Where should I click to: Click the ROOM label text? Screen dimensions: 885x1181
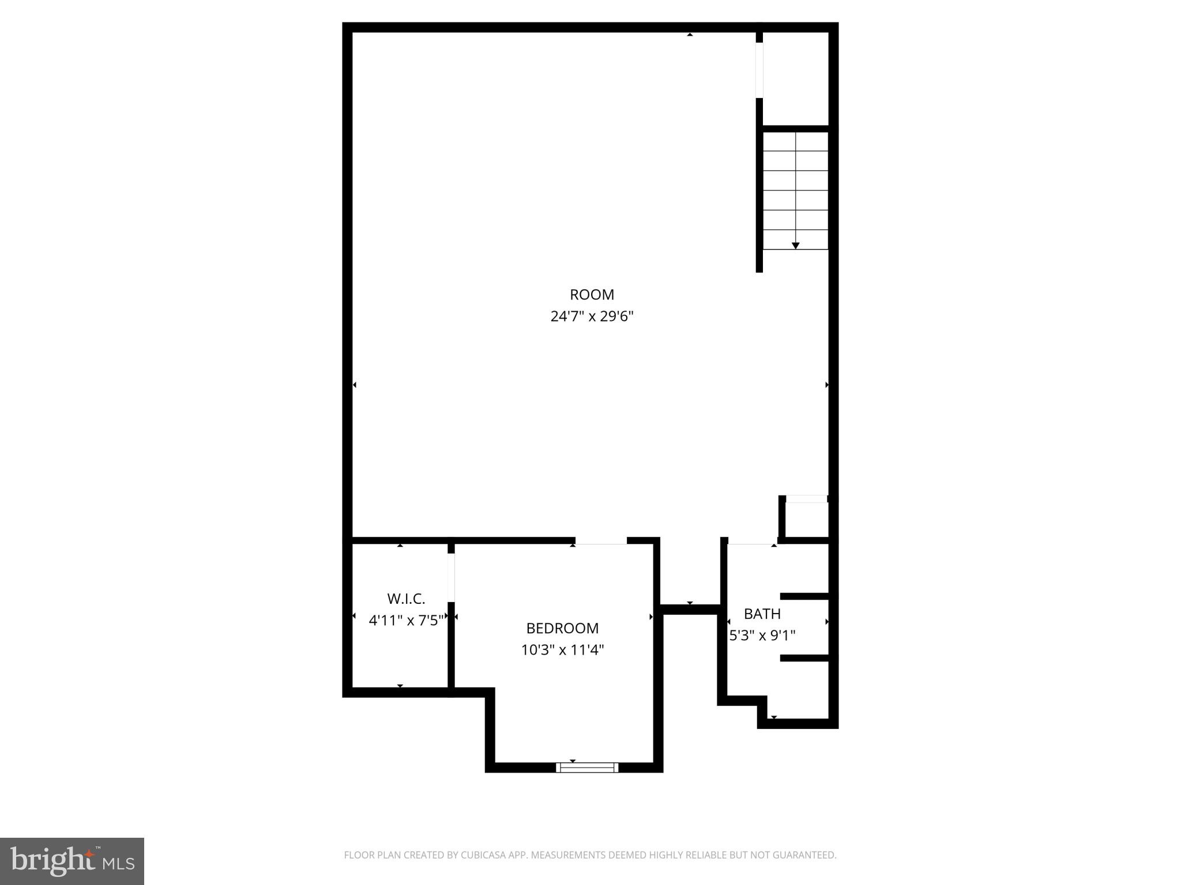(592, 294)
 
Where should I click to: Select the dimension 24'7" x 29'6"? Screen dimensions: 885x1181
(592, 316)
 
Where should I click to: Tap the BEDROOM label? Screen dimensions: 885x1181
(562, 628)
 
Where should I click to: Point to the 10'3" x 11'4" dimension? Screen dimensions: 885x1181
(562, 650)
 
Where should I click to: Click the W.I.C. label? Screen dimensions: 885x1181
(406, 599)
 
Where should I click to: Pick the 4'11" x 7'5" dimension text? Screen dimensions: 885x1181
(406, 620)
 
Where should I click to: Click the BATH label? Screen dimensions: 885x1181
(762, 614)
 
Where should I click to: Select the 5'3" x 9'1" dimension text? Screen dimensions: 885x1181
(762, 636)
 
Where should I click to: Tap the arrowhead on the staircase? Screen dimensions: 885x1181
(795, 245)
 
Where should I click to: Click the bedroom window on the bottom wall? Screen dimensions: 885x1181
(587, 767)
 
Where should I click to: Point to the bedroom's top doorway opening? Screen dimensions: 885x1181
(600, 541)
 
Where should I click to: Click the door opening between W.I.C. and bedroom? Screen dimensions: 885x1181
(451, 577)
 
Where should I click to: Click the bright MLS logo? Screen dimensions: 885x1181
(72, 861)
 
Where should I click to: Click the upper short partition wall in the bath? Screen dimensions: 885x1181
(804, 596)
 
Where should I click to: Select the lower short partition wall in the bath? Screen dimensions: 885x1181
(804, 658)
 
